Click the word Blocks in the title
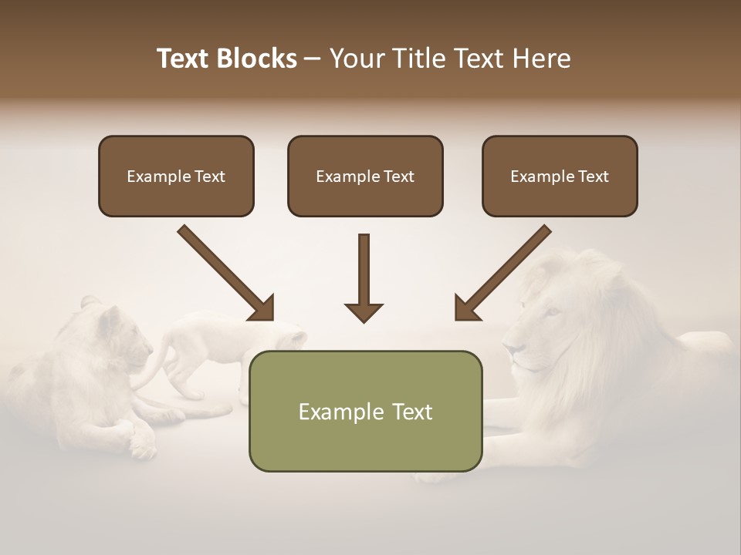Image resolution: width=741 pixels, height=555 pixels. (259, 59)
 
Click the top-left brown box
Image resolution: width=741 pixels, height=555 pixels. (176, 176)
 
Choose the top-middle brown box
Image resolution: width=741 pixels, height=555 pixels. (365, 176)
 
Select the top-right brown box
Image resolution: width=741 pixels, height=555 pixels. (560, 176)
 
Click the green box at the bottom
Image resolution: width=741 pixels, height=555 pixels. (365, 411)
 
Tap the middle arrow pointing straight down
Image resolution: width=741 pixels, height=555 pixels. (364, 277)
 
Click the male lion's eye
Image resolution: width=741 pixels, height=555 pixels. (552, 311)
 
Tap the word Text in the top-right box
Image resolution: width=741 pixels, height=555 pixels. (593, 177)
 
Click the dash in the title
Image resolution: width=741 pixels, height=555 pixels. (313, 59)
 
